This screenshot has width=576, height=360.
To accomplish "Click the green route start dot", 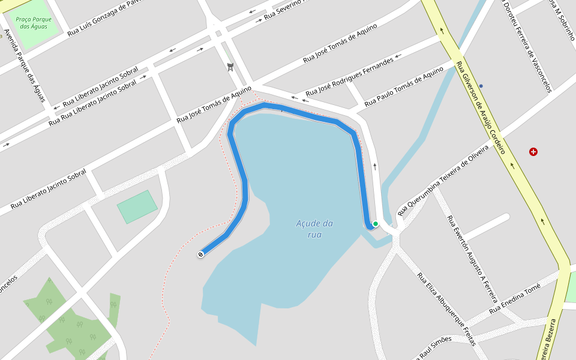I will pos(376,224).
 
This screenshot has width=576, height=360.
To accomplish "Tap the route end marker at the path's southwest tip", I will pos(200,254).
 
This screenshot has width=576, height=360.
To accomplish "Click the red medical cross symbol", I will pos(533,152).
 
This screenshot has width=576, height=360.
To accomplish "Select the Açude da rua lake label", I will pos(314,229).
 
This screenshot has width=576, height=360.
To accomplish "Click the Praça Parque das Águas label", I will pos(34,23).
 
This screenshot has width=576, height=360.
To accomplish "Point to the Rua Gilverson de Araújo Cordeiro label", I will pos(481,107).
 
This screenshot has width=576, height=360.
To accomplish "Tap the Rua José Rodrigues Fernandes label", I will pos(350,77).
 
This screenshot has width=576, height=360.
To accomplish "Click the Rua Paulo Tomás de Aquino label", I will pos(403,88).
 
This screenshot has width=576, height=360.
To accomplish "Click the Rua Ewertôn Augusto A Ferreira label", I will pos(473,258).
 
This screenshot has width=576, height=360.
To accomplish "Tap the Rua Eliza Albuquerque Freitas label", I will pos(446,310).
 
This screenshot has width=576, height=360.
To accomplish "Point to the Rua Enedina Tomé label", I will pos(514,298).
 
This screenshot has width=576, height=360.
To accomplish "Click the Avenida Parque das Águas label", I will pos(25,65).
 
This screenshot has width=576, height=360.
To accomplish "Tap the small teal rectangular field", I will pos(137,206).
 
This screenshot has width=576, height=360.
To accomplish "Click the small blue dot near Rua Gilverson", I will pos(481,86).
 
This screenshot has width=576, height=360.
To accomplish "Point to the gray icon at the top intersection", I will pos(230,67).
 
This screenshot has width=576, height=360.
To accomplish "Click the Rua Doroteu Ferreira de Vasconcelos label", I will pos(526,47).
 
